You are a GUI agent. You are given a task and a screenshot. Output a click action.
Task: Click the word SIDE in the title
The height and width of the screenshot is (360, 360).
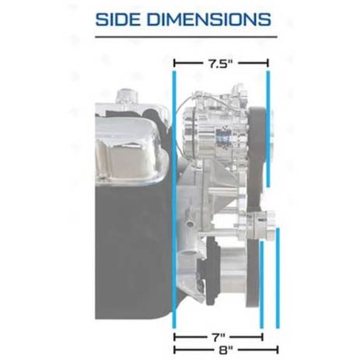[119, 19]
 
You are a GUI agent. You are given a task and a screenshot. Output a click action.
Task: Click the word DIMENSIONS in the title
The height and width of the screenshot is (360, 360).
[209, 19]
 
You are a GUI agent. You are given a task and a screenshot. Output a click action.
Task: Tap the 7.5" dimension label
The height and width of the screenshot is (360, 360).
[220, 64]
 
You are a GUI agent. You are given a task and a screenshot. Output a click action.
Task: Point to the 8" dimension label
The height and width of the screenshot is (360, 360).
[225, 350]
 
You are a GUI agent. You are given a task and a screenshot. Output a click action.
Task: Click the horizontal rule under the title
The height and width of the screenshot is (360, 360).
[186, 37]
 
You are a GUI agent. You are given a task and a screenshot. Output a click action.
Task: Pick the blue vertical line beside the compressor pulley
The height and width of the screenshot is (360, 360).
[268, 128]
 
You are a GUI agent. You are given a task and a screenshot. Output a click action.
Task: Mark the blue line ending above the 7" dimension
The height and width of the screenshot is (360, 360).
[261, 285]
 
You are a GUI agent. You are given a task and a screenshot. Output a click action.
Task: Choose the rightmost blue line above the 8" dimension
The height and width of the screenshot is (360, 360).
[278, 278]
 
